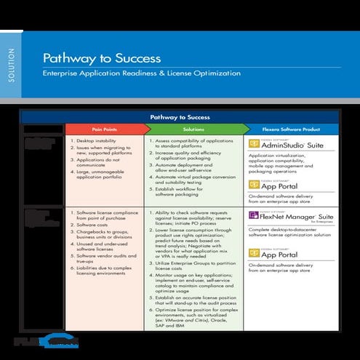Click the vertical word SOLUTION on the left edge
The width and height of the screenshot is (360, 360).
9,72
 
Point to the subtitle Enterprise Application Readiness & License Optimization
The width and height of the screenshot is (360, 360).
141,73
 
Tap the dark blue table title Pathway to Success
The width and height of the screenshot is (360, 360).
180,116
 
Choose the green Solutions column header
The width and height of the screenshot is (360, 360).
192,129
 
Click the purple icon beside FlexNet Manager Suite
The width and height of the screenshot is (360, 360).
254,216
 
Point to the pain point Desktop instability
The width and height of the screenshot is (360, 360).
101,140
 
